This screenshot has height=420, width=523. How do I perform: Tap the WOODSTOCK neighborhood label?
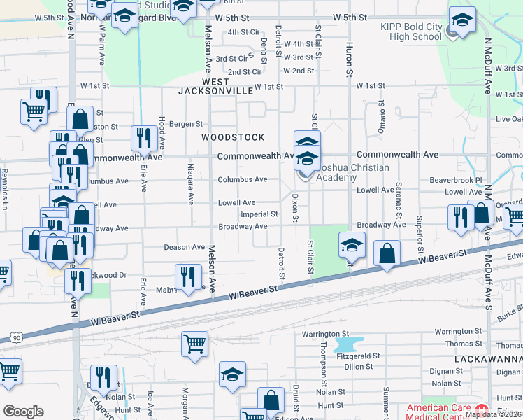click(x=234, y=137)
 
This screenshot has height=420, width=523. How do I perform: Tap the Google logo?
click(x=23, y=412)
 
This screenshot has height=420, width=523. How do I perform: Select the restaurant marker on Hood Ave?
click(x=144, y=138)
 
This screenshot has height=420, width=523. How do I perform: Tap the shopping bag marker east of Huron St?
click(x=387, y=253)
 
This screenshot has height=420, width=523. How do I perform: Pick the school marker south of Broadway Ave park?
click(x=352, y=244)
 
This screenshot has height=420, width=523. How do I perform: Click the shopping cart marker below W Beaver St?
click(x=194, y=344)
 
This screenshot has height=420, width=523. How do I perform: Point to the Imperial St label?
click(x=259, y=214)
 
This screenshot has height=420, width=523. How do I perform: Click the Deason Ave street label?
click(x=185, y=247)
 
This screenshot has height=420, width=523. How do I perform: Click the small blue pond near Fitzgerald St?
click(x=350, y=345)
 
